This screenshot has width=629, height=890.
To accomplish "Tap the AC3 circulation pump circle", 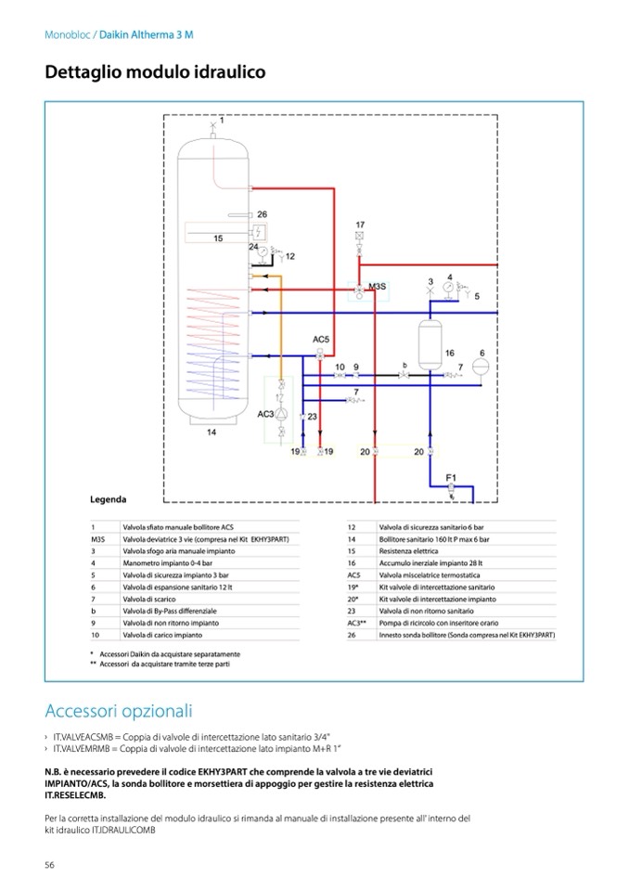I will pos(284,414).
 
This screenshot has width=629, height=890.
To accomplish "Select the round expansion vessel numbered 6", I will pos(481,365).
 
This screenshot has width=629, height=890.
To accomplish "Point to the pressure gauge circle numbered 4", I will pos(449,287).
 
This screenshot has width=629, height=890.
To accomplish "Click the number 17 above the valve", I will pos(360,225).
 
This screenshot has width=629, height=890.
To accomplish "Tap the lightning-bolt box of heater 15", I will pos(262,231).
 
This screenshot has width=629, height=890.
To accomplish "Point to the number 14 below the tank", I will pos(212,432).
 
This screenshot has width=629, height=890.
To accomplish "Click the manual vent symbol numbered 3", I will pos(430,292).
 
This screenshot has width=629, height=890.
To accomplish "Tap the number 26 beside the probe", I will pos(263,213).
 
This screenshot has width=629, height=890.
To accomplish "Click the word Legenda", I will pos(109,499).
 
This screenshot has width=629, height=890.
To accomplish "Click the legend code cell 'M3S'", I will pos(98,539).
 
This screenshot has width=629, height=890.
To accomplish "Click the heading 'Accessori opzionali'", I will pos(119,711).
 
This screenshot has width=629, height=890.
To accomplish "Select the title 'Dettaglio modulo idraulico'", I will pos(155,71).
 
